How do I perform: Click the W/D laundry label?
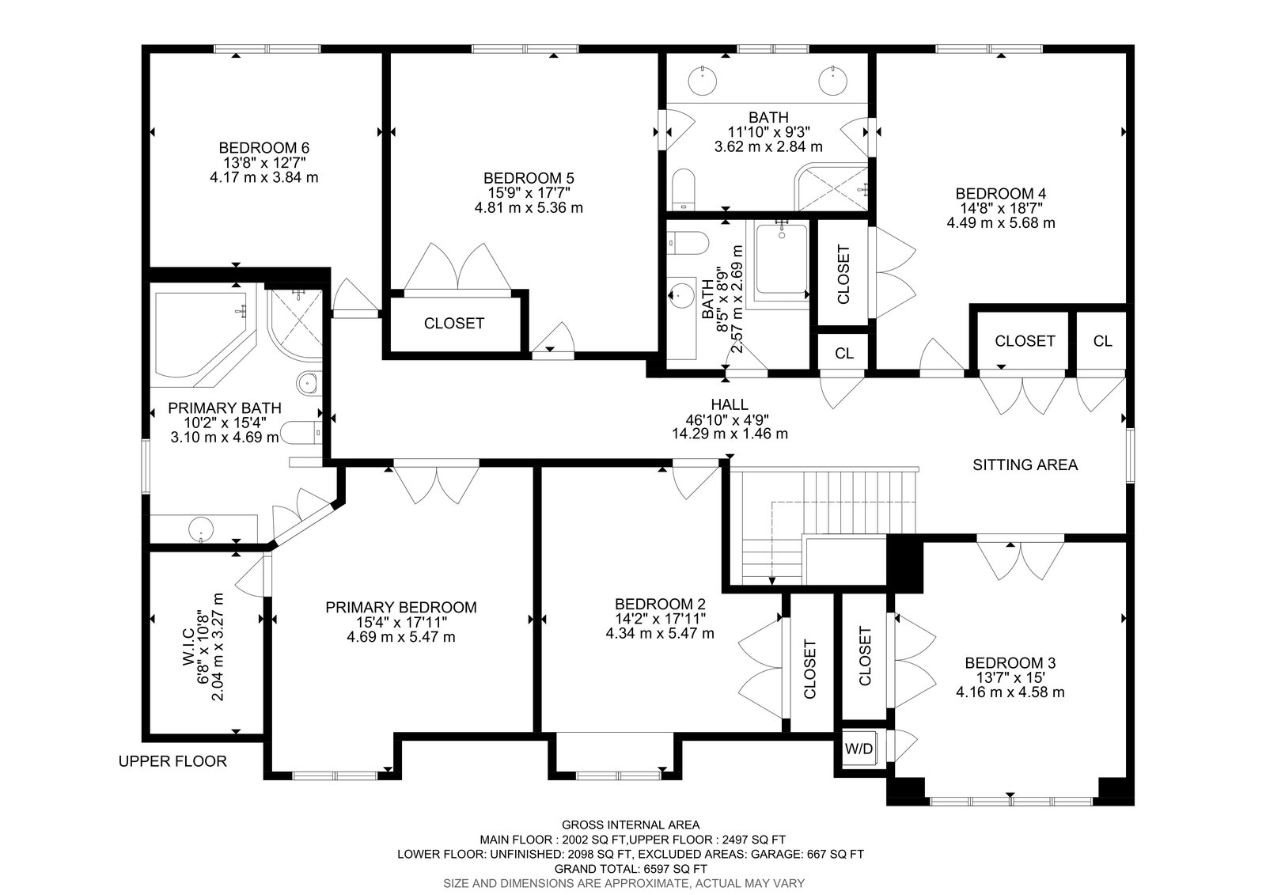coord(859,749)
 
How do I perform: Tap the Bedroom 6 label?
coord(264,148)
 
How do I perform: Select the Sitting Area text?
coord(1025,465)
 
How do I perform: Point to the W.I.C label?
coord(188,646)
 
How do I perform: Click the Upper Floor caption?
coord(172,761)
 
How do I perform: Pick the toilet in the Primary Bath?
coord(301,433)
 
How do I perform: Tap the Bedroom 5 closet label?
coord(454,324)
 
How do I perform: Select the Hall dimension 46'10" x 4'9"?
coord(730,419)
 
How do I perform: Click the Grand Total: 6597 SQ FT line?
coord(630,869)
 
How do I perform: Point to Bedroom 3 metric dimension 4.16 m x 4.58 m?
coord(1010,692)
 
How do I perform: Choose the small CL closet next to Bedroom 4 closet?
coord(1102,341)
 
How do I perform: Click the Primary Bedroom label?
coord(400,607)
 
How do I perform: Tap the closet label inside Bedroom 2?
coord(810,669)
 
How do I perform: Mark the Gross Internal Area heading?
coord(630,825)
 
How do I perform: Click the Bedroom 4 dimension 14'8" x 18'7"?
coord(1001,208)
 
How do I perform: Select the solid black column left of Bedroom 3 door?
coord(904,563)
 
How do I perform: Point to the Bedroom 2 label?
coord(660,604)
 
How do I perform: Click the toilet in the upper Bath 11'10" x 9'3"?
coord(684,189)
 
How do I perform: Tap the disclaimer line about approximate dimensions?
coord(624,883)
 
